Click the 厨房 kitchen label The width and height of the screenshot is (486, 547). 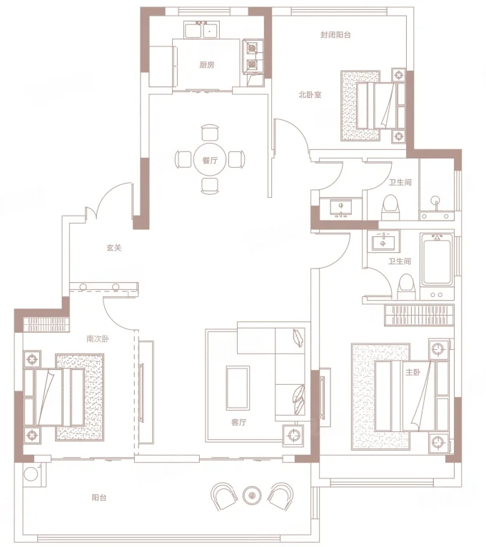click(207, 64)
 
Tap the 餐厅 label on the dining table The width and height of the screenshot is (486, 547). click(210, 160)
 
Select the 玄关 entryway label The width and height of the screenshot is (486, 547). click(114, 248)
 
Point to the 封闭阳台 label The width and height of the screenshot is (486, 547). click(335, 34)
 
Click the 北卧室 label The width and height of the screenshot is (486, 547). click(310, 94)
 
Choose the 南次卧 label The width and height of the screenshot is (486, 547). click(98, 338)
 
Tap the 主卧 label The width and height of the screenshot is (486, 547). click(412, 372)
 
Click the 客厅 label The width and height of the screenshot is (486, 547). click(239, 422)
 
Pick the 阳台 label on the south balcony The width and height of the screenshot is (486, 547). click(99, 498)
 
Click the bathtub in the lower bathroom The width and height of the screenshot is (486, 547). click(437, 260)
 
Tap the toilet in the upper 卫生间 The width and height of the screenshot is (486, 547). click(390, 208)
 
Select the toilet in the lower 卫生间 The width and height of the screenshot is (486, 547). click(406, 287)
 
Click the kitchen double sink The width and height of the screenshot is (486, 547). click(202, 30)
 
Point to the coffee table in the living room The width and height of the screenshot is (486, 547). click(238, 388)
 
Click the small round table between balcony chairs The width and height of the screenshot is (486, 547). click(252, 495)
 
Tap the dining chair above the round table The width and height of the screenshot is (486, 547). click(211, 133)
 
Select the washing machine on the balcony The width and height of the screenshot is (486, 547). click(31, 473)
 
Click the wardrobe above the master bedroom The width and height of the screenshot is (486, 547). click(419, 315)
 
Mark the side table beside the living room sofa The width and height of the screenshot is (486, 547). click(293, 435)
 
